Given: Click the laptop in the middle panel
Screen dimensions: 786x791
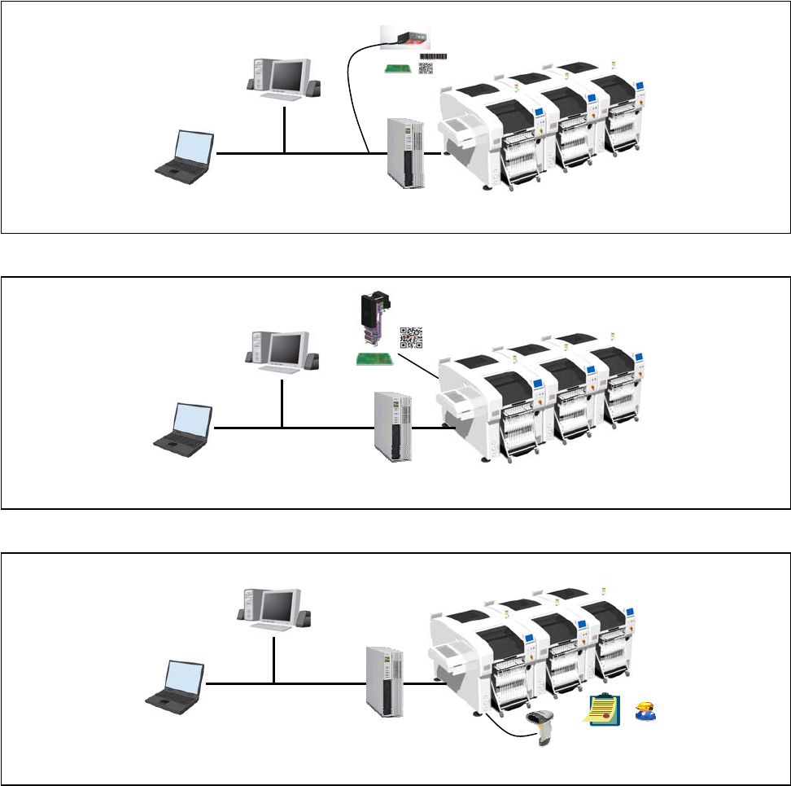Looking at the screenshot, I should tap(185, 428).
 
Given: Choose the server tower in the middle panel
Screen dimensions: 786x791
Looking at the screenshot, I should tap(394, 427).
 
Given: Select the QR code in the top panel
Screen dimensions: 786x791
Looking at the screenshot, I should tap(426, 69).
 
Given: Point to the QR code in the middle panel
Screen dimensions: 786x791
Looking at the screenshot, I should tap(411, 337).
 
